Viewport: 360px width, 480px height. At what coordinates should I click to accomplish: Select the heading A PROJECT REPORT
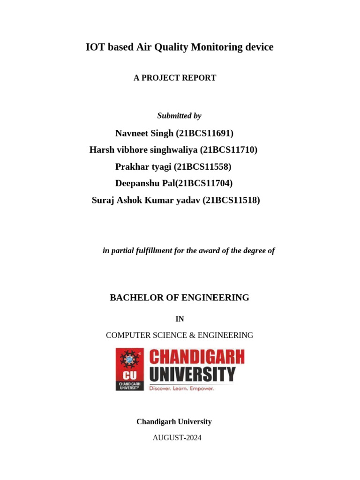(x=175, y=78)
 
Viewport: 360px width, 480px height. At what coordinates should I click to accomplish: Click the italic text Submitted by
(x=179, y=116)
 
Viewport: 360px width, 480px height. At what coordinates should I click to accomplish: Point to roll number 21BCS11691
(x=204, y=134)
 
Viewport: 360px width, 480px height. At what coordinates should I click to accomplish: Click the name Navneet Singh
(x=144, y=134)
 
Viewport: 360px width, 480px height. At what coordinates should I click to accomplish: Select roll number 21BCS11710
(x=229, y=150)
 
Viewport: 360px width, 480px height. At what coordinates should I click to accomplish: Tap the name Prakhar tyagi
(x=143, y=167)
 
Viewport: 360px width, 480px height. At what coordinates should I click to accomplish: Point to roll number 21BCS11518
(x=231, y=201)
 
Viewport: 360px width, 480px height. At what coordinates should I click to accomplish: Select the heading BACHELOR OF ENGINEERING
(x=180, y=298)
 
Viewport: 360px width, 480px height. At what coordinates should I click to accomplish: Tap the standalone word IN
(x=180, y=319)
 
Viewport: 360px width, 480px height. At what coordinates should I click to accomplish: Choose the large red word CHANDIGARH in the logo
(x=197, y=358)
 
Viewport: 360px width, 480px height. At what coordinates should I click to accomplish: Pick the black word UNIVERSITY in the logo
(x=192, y=375)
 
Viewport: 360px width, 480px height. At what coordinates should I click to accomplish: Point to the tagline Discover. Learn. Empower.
(x=181, y=389)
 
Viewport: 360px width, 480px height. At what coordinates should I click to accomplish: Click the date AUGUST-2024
(x=177, y=438)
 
